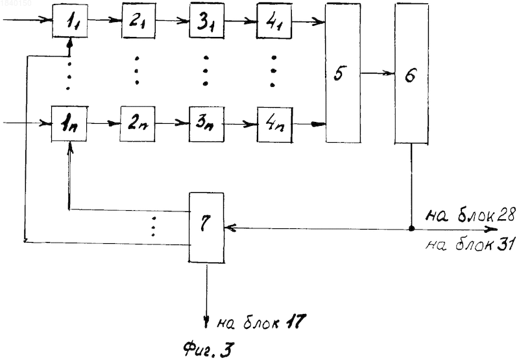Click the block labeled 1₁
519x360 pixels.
click(x=70, y=21)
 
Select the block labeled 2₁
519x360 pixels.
click(x=139, y=21)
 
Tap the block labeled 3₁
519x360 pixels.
click(x=207, y=21)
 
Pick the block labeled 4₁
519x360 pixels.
click(x=274, y=21)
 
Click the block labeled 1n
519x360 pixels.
click(x=69, y=124)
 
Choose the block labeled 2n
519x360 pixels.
click(x=138, y=124)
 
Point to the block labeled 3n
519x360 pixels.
click(x=206, y=124)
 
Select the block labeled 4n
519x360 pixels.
click(x=275, y=125)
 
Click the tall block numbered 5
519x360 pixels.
click(x=343, y=73)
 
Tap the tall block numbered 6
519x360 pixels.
click(x=411, y=74)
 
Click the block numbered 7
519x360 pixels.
click(x=206, y=228)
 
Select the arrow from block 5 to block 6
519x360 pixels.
click(x=378, y=73)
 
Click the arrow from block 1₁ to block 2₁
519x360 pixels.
click(x=104, y=20)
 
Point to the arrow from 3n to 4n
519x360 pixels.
click(x=241, y=125)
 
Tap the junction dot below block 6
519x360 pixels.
click(x=411, y=228)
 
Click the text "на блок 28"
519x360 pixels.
click(x=470, y=216)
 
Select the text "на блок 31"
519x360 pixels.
click(x=469, y=245)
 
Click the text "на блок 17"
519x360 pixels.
click(x=261, y=321)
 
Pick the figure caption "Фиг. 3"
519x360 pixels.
click(x=209, y=350)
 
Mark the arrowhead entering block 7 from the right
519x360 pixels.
click(x=229, y=228)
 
